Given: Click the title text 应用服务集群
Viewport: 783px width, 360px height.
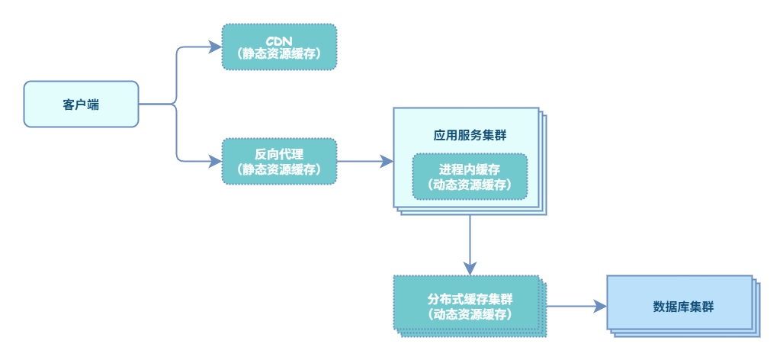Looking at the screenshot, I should tap(470, 135).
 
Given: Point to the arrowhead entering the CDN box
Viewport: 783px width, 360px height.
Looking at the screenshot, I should tap(215, 47).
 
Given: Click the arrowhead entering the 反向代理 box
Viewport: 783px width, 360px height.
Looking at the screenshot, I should tap(215, 161).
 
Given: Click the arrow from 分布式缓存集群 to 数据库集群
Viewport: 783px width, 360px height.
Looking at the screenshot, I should tap(576, 306).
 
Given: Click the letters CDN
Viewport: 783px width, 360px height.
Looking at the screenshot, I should tap(279, 39).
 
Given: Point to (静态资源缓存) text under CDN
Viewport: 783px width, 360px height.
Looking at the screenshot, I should tap(279, 54).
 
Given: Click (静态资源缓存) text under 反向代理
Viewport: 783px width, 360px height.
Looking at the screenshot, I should tap(279, 169).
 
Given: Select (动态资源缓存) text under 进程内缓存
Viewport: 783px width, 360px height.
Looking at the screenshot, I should tap(470, 185).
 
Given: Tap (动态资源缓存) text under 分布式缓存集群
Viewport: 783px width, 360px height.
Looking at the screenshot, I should tap(470, 313).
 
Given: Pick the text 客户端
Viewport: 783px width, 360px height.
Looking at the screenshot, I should tap(81, 104).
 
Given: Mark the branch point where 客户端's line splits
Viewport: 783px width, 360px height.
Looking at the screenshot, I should tap(176, 104).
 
